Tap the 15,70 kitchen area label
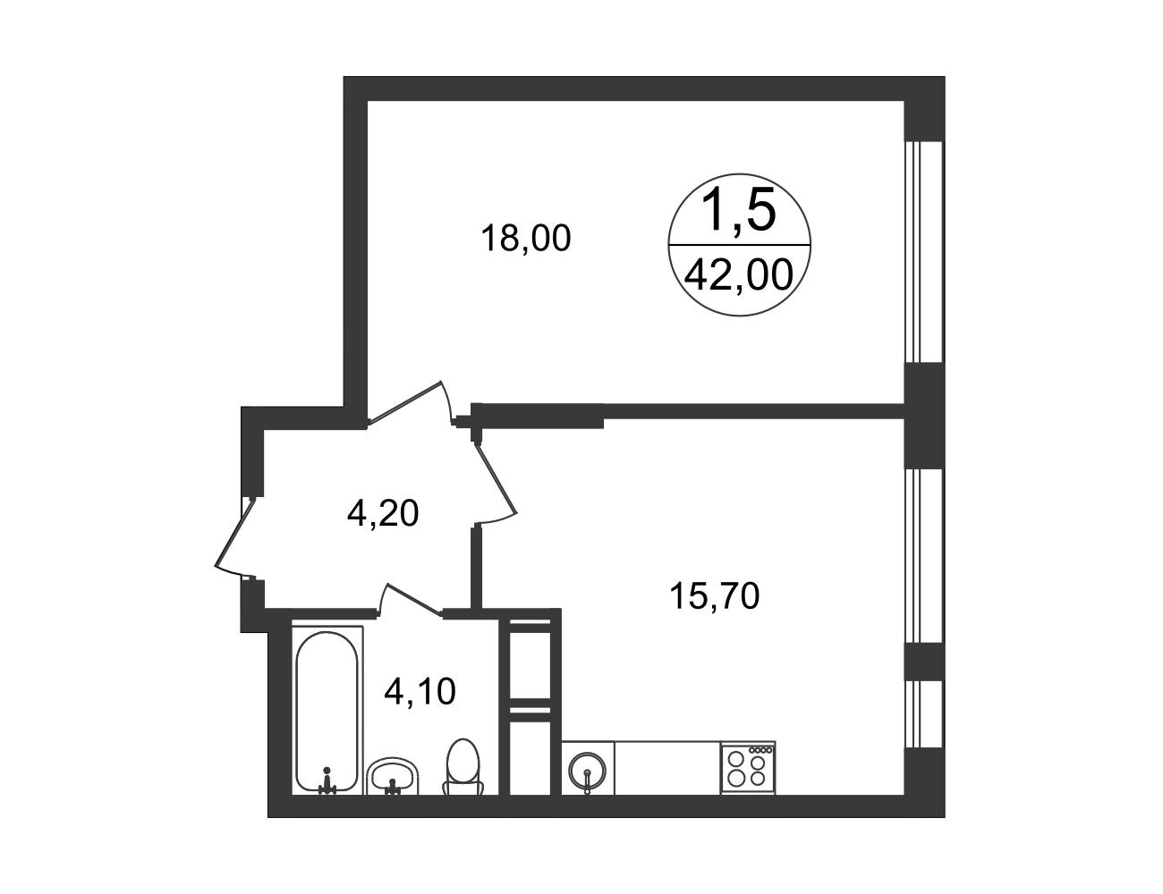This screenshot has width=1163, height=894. tap(714, 596)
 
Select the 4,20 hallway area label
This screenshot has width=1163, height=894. tap(383, 513)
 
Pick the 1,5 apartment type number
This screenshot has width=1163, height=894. tap(738, 210)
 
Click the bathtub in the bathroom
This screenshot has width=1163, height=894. tap(327, 711)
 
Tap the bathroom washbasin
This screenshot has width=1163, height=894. tap(393, 775)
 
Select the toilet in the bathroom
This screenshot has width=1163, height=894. tap(463, 767)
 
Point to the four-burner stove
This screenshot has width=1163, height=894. tap(748, 767)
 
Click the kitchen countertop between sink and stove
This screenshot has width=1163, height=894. tap(667, 767)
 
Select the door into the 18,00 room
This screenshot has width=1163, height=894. tap(404, 401)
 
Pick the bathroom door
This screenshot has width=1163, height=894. tap(412, 599)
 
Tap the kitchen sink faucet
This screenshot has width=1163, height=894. tap(587, 780)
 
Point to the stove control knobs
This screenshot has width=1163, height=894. tap(760, 750)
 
